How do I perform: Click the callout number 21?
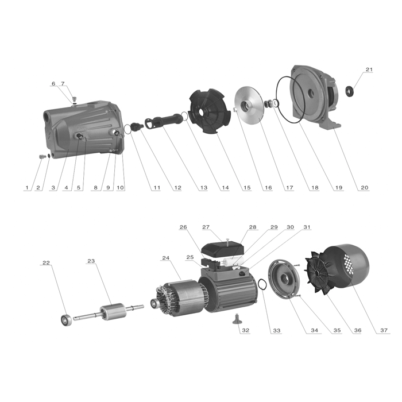(x=369, y=69)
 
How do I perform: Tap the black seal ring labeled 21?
(x=350, y=91)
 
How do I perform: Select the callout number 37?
(x=384, y=330)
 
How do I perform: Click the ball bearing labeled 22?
(x=66, y=320)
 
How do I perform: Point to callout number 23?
(x=91, y=261)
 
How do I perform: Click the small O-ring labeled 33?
(x=262, y=284)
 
